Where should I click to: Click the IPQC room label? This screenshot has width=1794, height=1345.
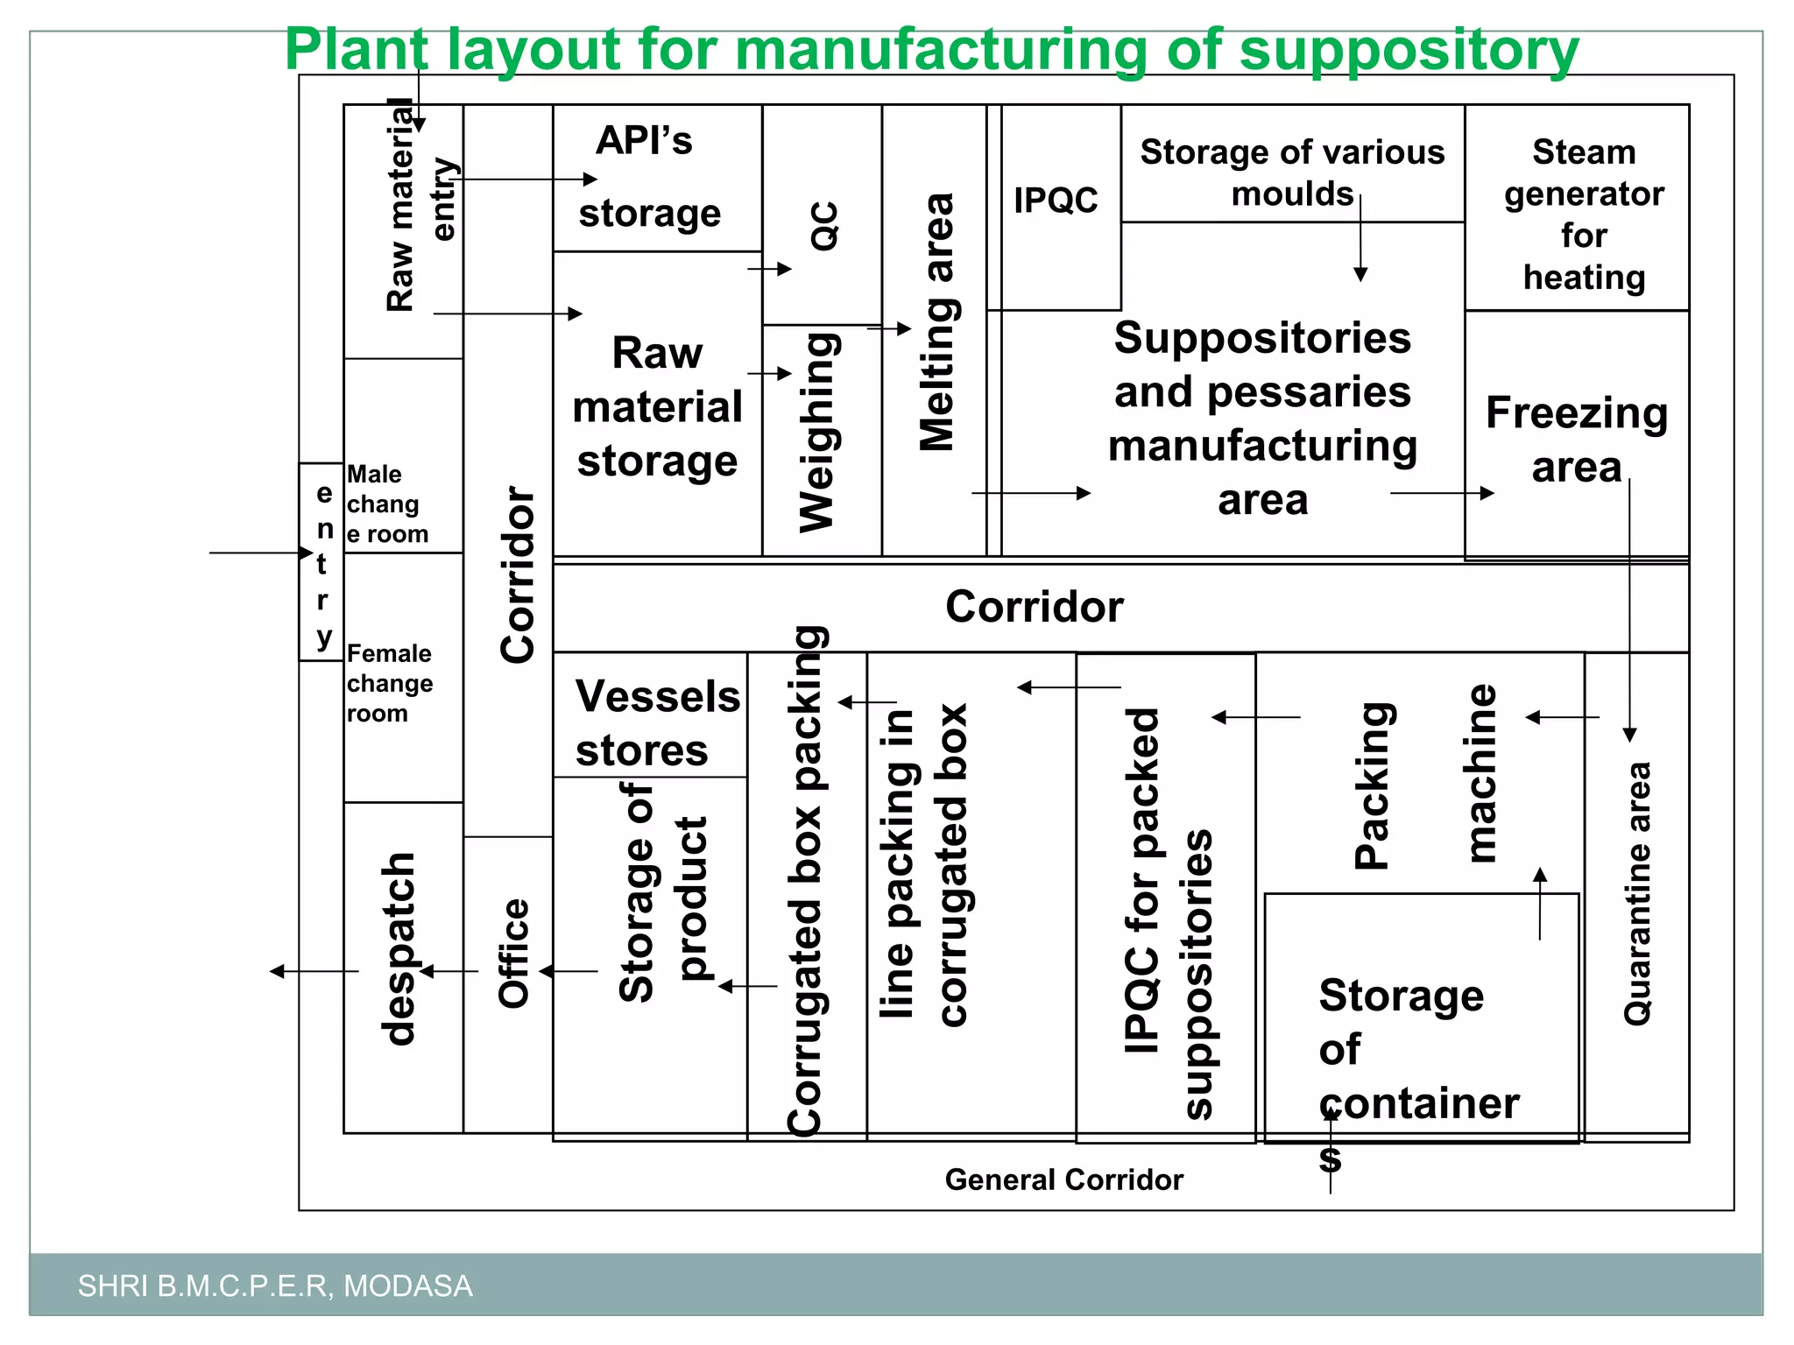[1056, 201]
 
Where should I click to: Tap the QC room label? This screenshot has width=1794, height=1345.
[824, 226]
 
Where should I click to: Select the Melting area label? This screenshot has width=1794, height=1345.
[937, 322]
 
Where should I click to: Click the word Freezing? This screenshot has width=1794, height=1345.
[1576, 412]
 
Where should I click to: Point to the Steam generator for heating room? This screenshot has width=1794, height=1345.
[1583, 214]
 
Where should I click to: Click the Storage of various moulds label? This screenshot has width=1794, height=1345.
[1291, 173]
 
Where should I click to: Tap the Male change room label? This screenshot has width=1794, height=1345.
[387, 504]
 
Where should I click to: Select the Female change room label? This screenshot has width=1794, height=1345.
[389, 683]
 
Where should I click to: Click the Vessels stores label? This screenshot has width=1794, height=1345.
[657, 723]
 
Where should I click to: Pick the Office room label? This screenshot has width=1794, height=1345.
[513, 954]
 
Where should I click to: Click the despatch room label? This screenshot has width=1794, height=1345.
[399, 949]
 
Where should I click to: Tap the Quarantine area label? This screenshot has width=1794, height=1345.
[1637, 893]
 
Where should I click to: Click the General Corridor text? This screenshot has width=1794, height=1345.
[1063, 1180]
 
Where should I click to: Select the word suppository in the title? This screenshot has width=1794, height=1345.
[1409, 51]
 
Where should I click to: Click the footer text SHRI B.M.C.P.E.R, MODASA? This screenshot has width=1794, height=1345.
[275, 1285]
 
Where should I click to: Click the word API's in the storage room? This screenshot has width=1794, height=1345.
[644, 140]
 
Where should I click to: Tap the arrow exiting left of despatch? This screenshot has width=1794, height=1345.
[311, 971]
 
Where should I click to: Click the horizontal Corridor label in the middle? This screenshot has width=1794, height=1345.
[1034, 607]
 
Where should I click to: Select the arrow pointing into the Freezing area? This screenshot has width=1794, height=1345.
[1442, 493]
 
